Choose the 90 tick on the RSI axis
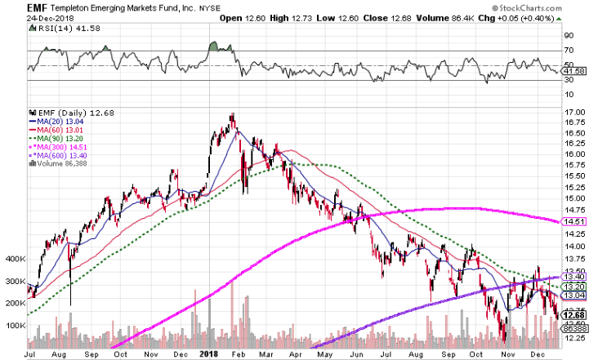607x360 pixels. pyautogui.click(x=570, y=35)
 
